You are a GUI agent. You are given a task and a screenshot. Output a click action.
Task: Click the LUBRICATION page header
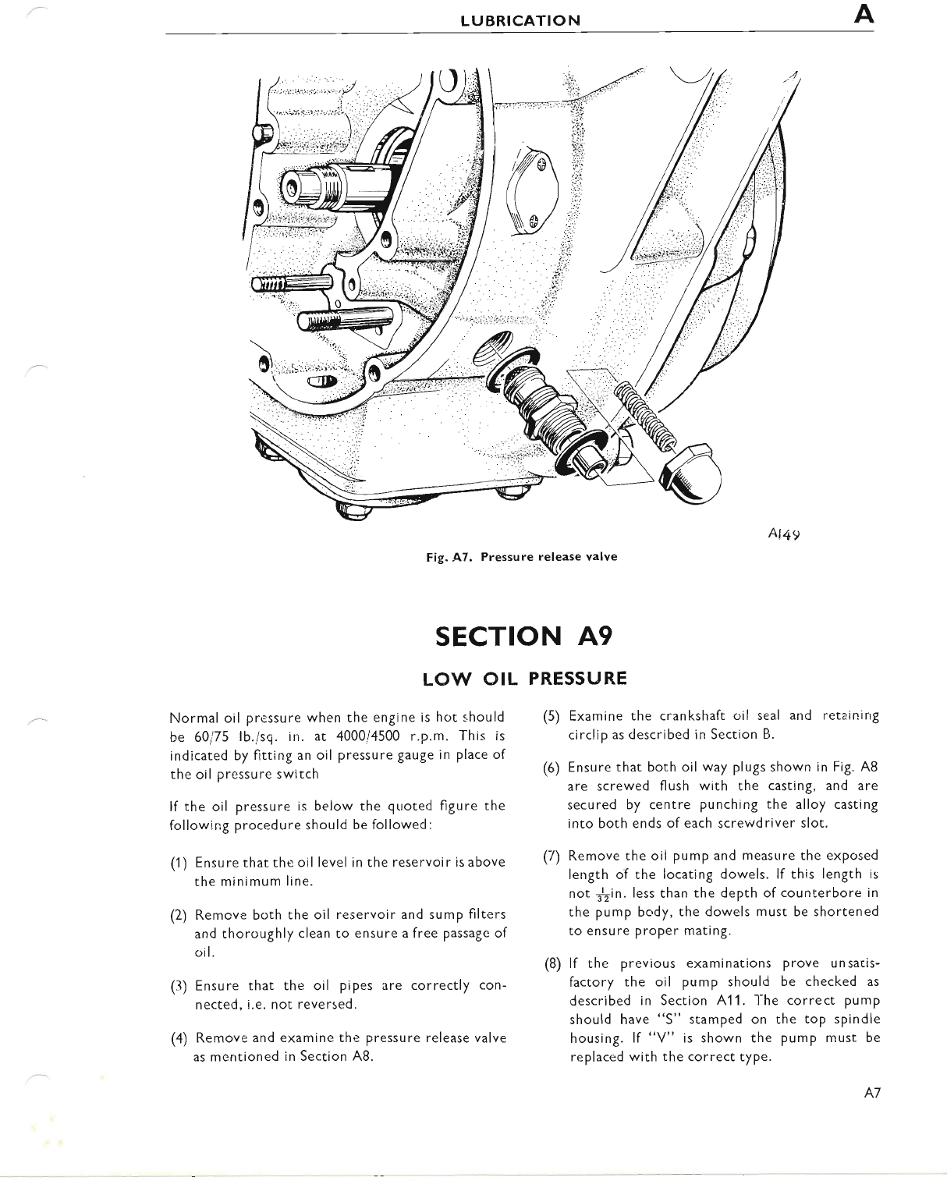[x=520, y=20]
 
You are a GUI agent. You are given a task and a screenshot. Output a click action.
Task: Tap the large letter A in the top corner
[x=864, y=16]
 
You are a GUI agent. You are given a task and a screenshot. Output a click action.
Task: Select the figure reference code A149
[x=785, y=534]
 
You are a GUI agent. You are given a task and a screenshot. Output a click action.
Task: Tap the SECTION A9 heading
[x=524, y=636]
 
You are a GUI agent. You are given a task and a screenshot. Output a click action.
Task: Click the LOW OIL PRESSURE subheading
[x=524, y=678]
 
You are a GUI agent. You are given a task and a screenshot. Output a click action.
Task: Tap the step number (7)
[x=552, y=856]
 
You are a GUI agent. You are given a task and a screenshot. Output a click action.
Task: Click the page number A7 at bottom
[x=872, y=1094]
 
